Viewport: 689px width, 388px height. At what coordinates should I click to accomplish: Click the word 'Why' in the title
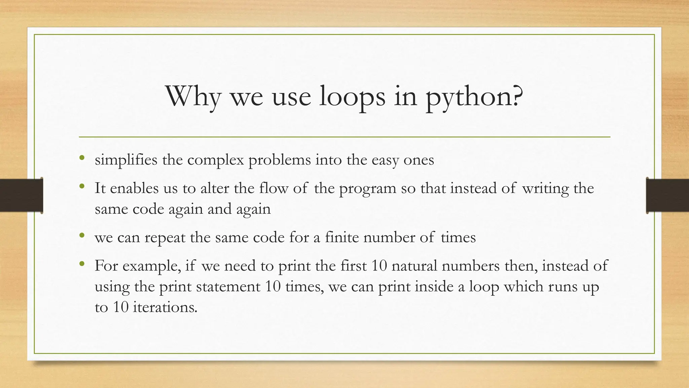[193, 97]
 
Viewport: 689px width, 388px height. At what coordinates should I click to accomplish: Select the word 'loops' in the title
[352, 97]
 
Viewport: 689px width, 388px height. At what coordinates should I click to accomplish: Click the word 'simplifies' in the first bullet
[126, 160]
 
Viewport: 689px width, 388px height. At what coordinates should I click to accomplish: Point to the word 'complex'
[215, 160]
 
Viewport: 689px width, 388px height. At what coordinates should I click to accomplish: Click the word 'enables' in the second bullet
[134, 188]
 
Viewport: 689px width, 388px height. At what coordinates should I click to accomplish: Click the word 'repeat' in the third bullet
[165, 238]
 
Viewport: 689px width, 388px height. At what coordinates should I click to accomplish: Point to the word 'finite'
[342, 237]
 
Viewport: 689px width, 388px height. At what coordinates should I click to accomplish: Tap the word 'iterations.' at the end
[165, 307]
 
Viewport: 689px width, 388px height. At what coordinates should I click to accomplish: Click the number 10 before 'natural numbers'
[379, 266]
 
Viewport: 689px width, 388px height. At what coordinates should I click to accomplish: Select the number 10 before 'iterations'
[121, 307]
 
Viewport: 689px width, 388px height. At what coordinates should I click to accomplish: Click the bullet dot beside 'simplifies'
[82, 158]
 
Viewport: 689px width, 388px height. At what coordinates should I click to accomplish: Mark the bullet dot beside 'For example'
[82, 264]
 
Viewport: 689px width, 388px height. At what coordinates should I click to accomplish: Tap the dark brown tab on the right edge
[667, 195]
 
